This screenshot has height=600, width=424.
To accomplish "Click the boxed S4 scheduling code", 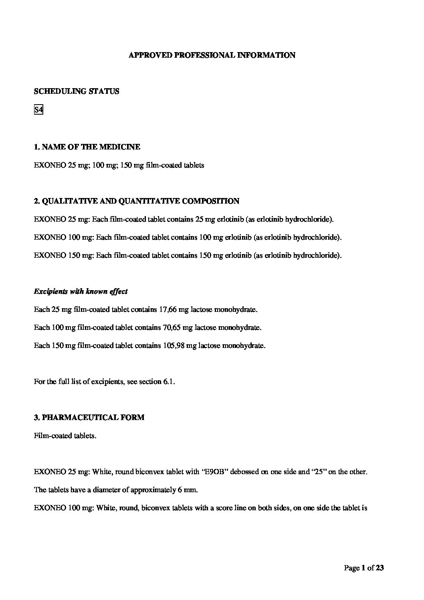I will (38, 109).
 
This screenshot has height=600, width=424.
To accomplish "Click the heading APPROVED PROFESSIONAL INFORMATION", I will (212, 55).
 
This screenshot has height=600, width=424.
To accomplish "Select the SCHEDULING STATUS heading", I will (77, 91).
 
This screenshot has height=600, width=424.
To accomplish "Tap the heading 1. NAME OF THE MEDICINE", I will (87, 147).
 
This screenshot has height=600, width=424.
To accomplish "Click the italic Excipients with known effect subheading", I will (81, 291).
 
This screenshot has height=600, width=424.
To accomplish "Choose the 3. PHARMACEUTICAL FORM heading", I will (89, 418).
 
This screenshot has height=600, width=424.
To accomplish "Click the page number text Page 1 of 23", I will (364, 568).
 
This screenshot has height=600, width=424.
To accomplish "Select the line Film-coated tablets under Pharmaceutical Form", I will (65, 436).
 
